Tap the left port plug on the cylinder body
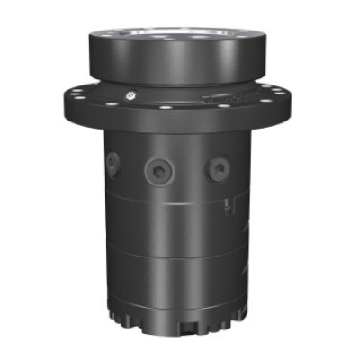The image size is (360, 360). pos(113,163)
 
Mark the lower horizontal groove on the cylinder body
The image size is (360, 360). pos(171,256)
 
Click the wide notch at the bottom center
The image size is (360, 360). pos(190,328)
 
